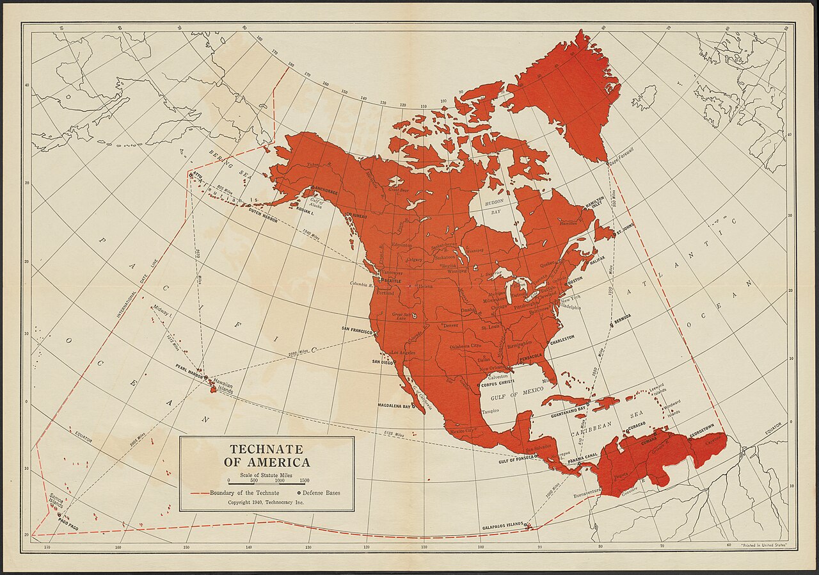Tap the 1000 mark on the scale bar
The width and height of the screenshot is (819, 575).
tap(280, 480)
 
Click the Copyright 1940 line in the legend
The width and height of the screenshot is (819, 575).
tap(266, 503)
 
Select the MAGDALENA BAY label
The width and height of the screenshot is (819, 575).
tap(394, 405)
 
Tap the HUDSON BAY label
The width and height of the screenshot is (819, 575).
tap(493, 205)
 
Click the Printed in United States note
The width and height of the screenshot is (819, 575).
tap(764, 544)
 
